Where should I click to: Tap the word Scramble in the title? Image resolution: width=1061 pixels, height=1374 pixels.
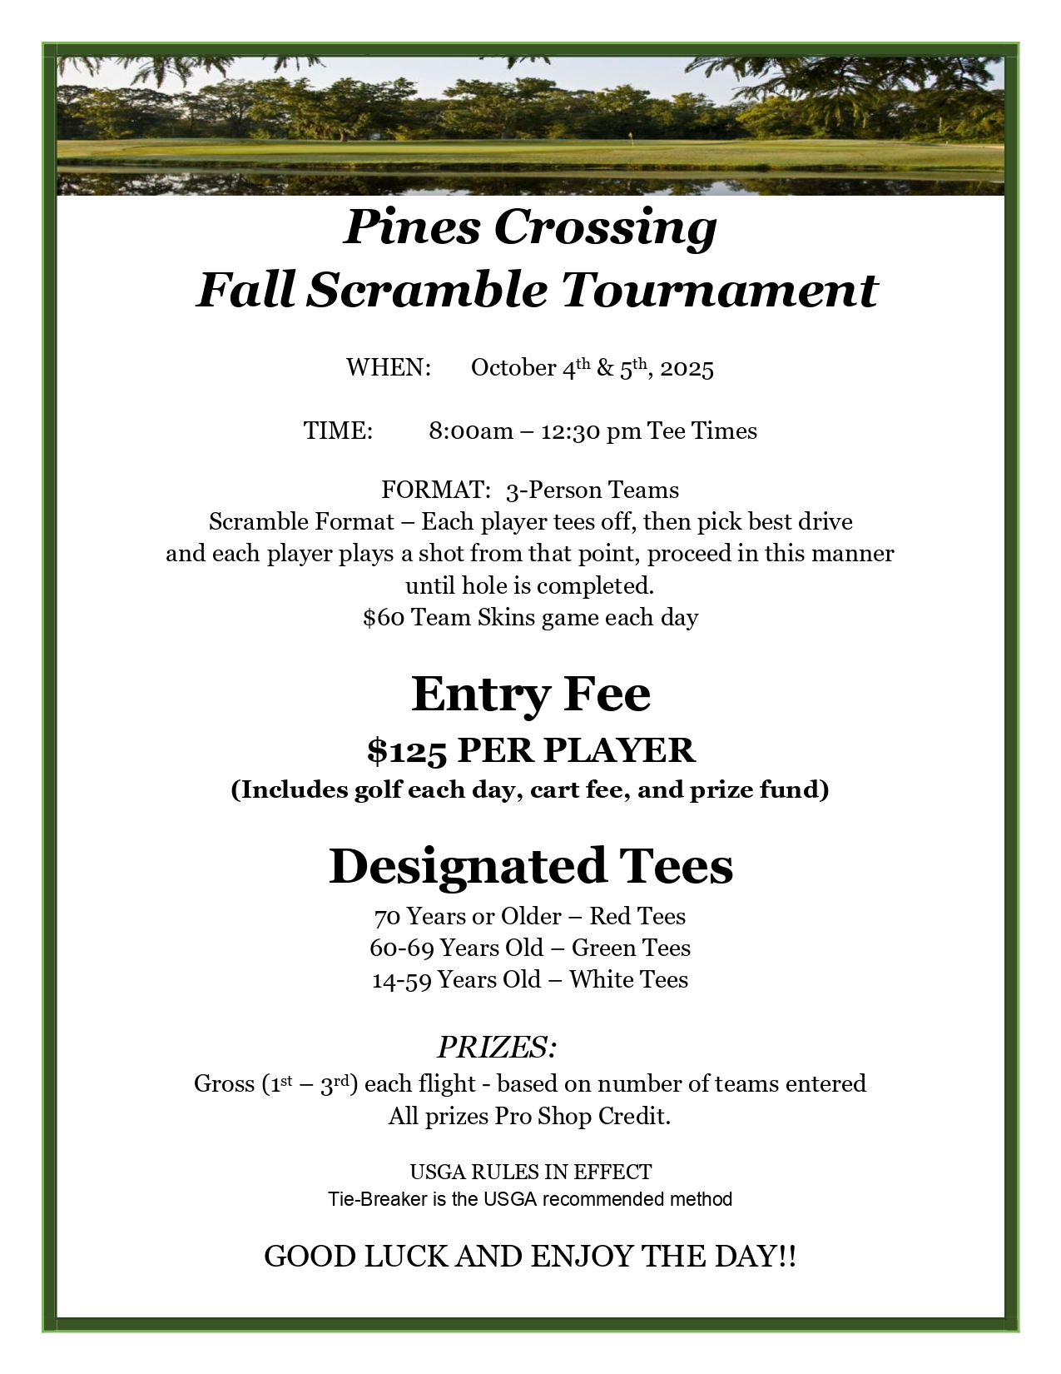tap(427, 291)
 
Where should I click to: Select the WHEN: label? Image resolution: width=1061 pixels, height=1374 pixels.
tap(388, 367)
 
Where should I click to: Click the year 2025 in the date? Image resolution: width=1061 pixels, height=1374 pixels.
tap(687, 368)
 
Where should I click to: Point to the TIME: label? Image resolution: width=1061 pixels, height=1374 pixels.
tap(338, 431)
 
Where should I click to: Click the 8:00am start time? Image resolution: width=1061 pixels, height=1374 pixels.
tap(471, 431)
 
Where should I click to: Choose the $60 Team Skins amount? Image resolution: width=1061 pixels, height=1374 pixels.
tap(384, 618)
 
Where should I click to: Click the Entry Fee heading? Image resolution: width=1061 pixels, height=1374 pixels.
tap(530, 694)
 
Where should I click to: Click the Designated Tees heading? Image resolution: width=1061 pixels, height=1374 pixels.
tap(530, 866)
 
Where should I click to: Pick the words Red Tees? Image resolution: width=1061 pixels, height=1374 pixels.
tap(637, 916)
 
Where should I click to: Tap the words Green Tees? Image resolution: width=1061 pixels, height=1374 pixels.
tap(631, 948)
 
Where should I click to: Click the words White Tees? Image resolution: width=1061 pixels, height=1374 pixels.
tap(628, 979)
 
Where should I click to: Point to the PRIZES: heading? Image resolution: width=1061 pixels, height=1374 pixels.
tap(497, 1047)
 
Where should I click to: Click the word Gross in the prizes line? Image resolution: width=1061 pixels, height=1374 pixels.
tap(224, 1083)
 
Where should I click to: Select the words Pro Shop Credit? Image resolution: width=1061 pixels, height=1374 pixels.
tap(583, 1116)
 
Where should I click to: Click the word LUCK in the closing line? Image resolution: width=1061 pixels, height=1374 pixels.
tap(406, 1256)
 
